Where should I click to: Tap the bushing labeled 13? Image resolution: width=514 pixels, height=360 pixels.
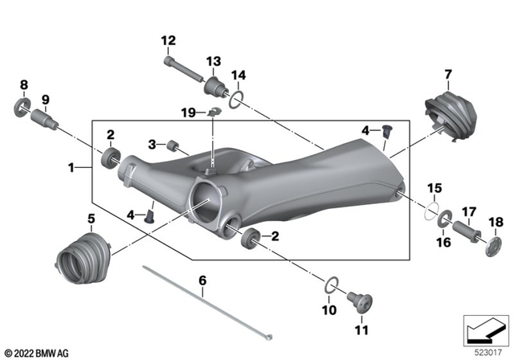pos(214,88)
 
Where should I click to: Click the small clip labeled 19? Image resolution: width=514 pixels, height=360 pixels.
pos(214,111)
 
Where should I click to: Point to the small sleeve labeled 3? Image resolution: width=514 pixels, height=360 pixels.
pos(171,145)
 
